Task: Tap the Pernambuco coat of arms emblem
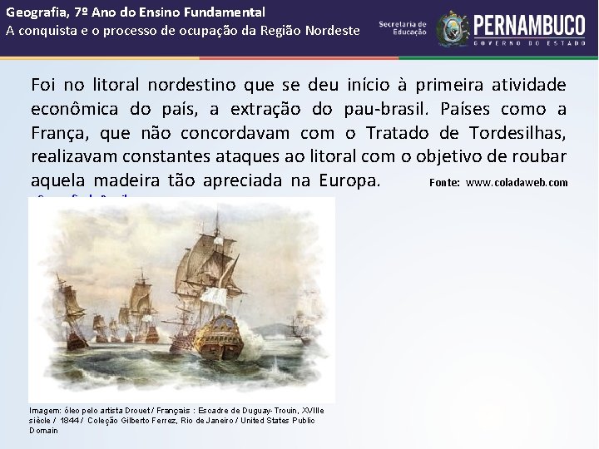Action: click(453, 28)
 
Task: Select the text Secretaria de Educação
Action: click(403, 27)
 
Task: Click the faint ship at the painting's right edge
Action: click(299, 325)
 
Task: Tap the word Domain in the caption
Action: click(44, 431)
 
